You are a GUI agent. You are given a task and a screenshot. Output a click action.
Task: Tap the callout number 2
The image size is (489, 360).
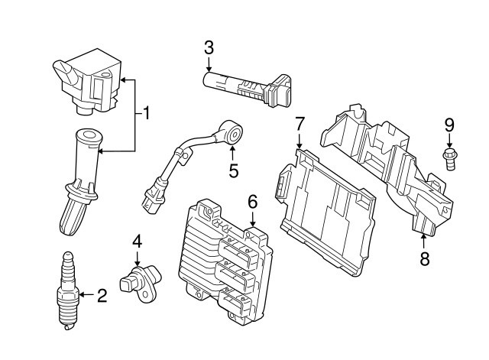[x=102, y=294]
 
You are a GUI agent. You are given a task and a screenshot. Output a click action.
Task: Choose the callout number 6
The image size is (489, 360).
[x=252, y=202]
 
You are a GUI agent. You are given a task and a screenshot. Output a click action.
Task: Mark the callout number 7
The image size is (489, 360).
[x=300, y=123]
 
